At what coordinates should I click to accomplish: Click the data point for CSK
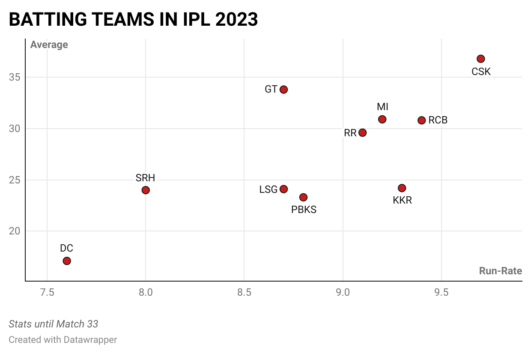pos(480,59)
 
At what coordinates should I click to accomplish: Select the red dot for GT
pos(283,90)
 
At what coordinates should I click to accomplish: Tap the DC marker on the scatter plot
pos(67,261)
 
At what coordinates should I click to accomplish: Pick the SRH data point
pos(146,190)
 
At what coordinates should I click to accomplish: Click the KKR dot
pos(402,188)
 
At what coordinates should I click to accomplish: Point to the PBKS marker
pos(303,197)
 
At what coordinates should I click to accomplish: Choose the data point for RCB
pos(421,120)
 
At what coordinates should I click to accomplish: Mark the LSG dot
pos(283,189)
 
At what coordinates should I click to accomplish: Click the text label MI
pos(382,107)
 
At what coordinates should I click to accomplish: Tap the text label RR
pos(350,133)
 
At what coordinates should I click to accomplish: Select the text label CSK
pos(481,72)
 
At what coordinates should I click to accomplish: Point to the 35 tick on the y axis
pos(15,78)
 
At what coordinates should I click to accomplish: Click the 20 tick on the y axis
pos(15,231)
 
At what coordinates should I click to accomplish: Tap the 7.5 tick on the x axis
pos(47,293)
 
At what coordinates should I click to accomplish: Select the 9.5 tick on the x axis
pos(442,293)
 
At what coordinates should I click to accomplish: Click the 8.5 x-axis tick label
pos(244,293)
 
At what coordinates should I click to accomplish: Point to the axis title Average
pos(49,45)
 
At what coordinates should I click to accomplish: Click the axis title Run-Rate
pos(500,271)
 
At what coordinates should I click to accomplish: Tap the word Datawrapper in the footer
pos(90,340)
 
